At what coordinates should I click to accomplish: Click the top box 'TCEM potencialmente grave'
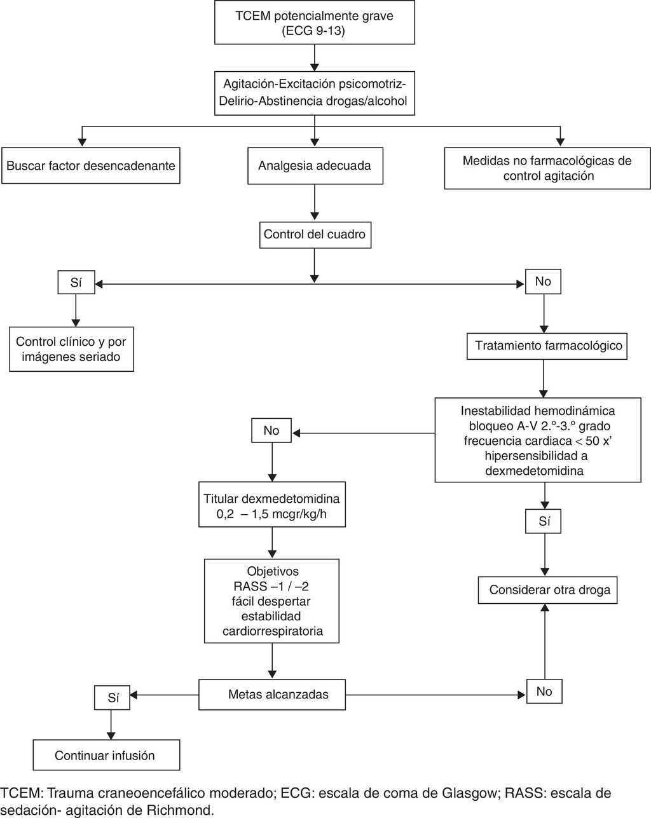315,24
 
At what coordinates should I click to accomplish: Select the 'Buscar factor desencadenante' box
90,166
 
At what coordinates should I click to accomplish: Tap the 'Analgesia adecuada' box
315,166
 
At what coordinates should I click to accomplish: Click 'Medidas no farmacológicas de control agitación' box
547,168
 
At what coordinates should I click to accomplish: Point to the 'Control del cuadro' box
315,235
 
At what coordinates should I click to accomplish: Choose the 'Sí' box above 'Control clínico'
76,283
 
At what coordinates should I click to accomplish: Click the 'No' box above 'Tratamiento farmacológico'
543,282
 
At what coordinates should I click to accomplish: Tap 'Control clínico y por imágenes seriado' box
71,349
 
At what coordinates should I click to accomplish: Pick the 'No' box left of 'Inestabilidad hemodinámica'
271,431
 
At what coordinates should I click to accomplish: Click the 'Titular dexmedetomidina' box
271,506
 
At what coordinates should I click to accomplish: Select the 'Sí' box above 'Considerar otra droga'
544,522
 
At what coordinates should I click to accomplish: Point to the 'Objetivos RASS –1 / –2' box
273,601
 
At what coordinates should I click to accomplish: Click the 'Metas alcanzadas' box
273,694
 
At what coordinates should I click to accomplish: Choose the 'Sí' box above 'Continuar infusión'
113,697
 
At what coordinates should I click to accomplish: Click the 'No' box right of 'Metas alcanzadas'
544,692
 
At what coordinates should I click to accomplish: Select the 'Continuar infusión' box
106,755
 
